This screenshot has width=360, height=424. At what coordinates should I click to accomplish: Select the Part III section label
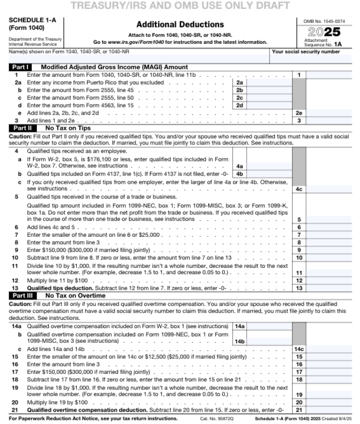point(21,295)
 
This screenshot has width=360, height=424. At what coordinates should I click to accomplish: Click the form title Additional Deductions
point(180,24)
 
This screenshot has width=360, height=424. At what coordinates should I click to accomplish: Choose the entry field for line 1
point(328,75)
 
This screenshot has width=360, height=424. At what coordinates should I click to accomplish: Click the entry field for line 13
point(328,288)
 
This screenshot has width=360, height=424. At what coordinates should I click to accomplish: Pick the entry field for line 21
point(328,410)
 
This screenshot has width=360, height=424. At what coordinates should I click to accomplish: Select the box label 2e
point(299,113)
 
